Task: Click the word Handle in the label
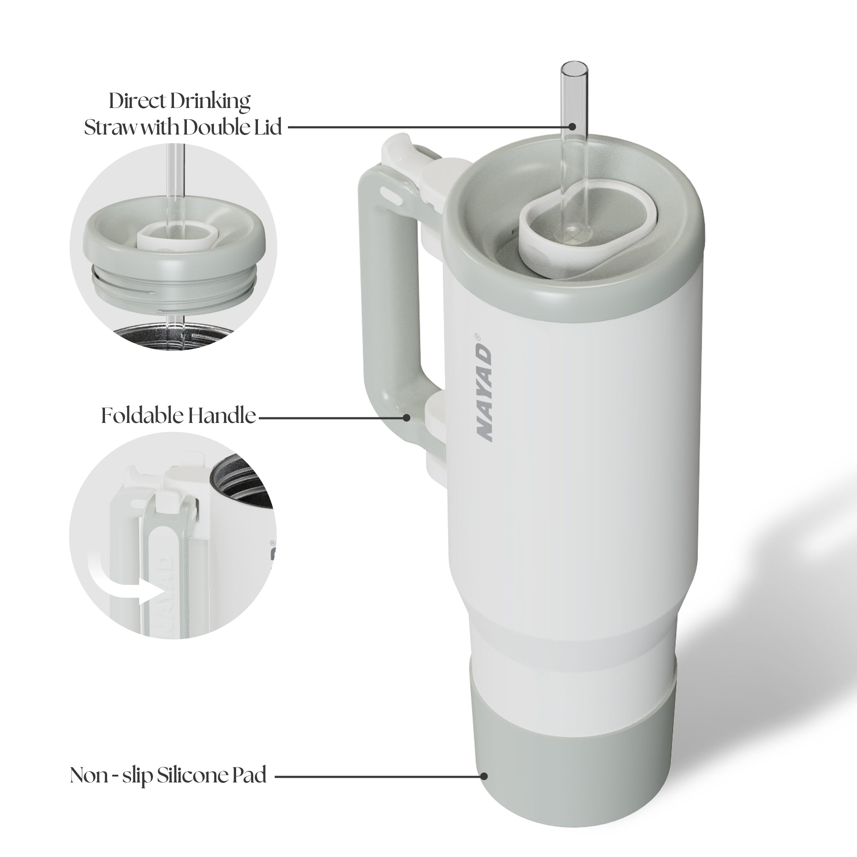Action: point(222,416)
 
